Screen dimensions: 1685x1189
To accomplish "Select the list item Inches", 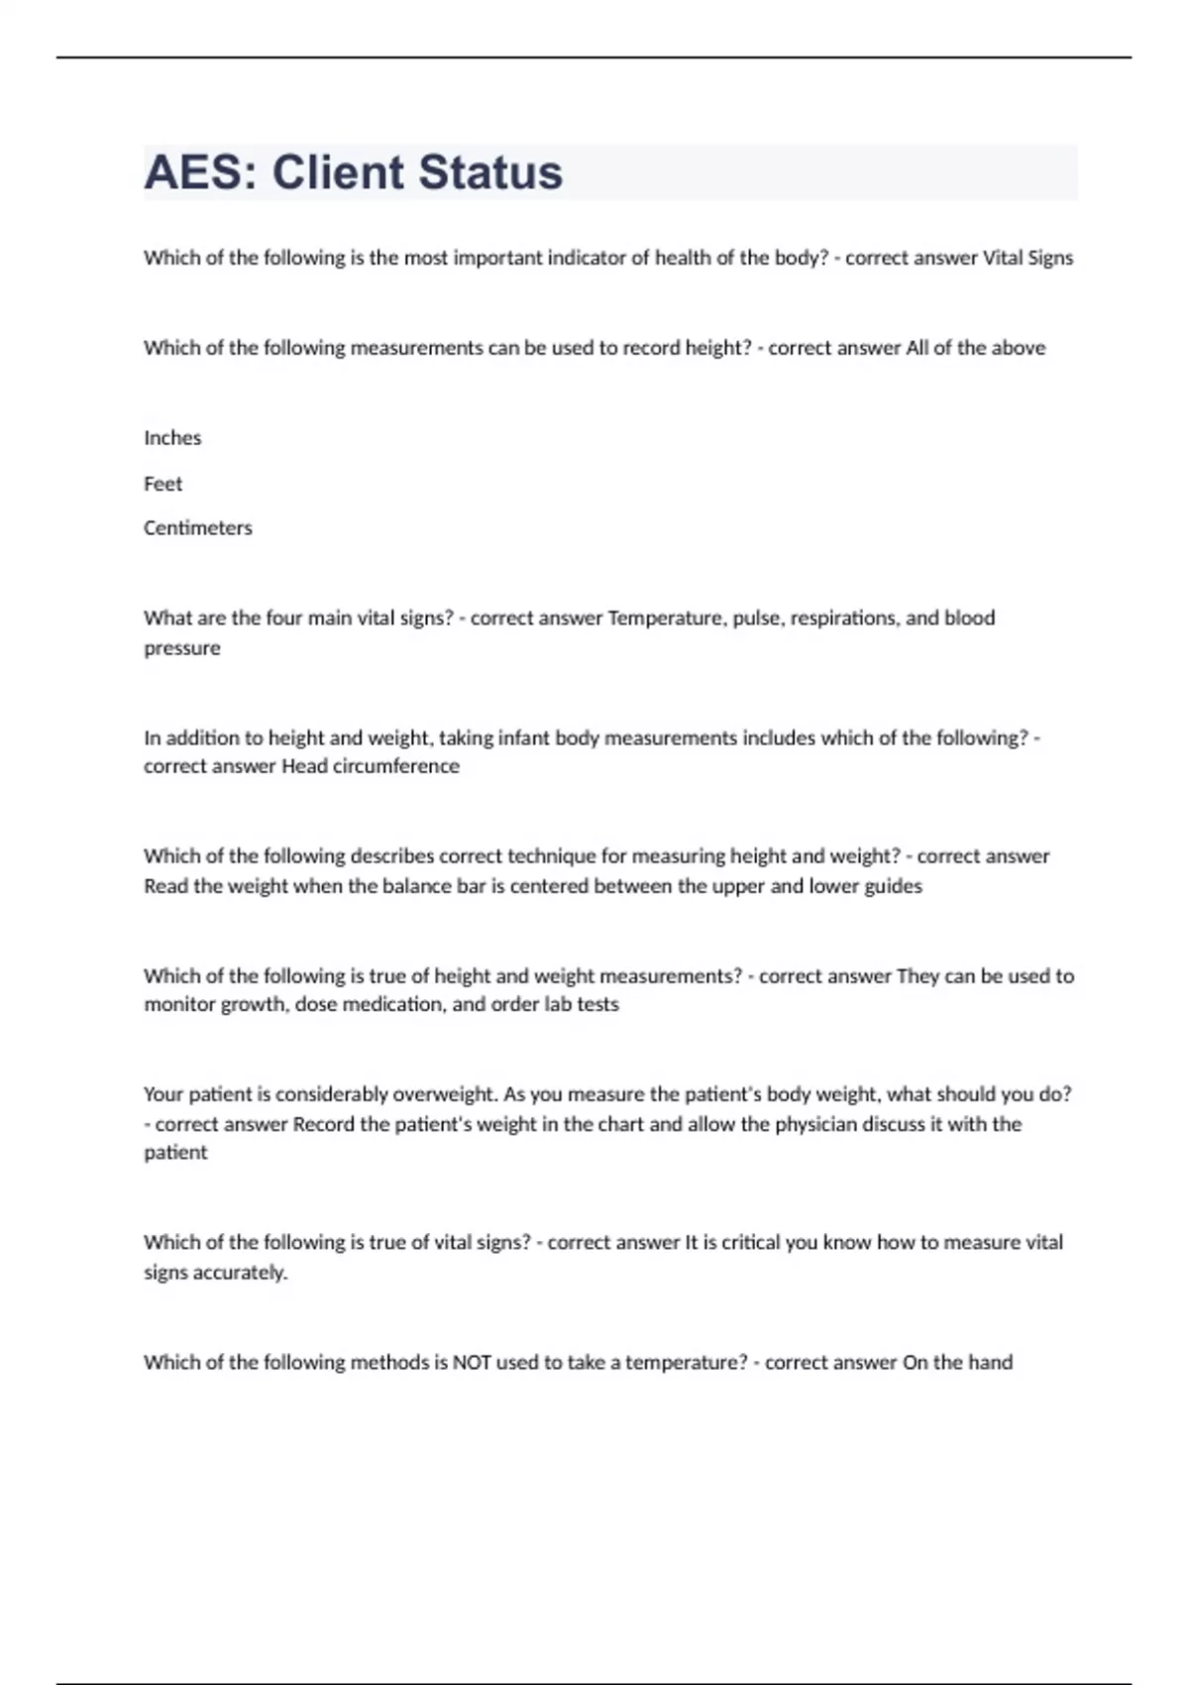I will pos(172,438).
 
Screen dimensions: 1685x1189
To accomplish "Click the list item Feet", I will pos(163,484).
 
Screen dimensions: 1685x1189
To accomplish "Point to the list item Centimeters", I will pos(198,528).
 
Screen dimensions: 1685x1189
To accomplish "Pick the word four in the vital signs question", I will pos(283,618).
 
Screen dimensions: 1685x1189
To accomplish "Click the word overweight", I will pos(445,1095).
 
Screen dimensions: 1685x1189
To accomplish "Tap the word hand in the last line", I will pos(990,1363).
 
